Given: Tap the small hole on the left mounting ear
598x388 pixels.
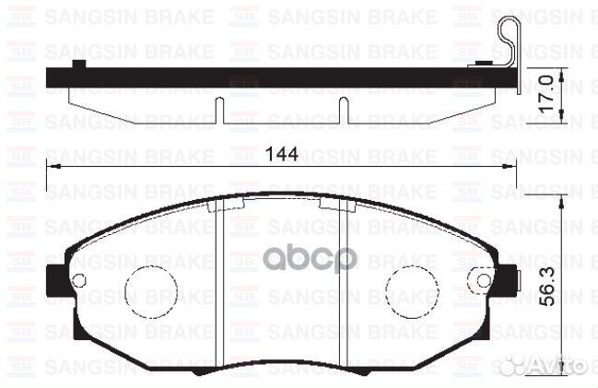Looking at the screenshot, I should pyautogui.click(x=78, y=278).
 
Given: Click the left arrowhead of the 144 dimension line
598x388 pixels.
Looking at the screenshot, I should pyautogui.click(x=51, y=167).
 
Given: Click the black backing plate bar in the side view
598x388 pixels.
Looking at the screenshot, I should pyautogui.click(x=276, y=78).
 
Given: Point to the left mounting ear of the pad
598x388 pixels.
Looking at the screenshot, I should pyautogui.click(x=55, y=276).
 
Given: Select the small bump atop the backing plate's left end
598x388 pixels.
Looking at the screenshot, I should pyautogui.click(x=79, y=65).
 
